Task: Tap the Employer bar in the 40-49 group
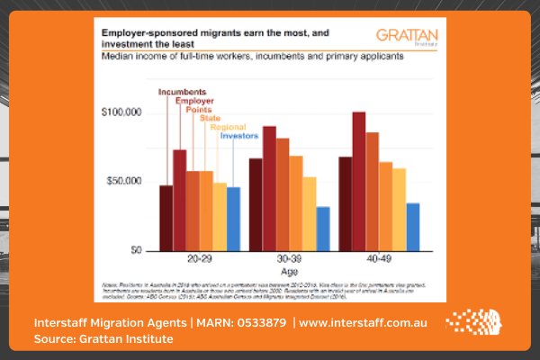pos(358,180)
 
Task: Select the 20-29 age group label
pos(199,258)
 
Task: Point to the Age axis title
pos(288,269)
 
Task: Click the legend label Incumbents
pos(182,91)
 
